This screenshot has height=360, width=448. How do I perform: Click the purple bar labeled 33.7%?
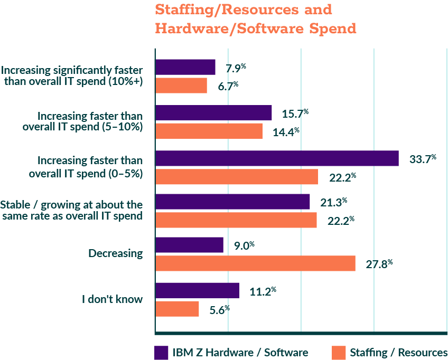click(277, 158)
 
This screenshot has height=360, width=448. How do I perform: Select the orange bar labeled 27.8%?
click(255, 263)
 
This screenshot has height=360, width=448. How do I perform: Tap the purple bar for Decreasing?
click(189, 245)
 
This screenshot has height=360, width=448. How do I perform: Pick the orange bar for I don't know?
click(177, 309)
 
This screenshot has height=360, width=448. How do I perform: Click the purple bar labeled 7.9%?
click(185, 68)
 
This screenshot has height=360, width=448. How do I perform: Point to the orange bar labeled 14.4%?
click(209, 131)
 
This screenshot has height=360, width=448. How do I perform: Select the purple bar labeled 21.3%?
click(232, 202)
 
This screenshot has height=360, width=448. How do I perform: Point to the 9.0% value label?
click(245, 245)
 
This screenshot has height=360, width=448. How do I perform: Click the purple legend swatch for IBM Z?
click(161, 352)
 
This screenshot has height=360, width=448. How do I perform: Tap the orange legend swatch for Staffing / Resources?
click(339, 352)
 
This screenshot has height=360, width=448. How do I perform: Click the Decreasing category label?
click(116, 253)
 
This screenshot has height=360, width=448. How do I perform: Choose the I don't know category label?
click(112, 299)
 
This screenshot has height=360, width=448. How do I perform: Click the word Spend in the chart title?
click(330, 28)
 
